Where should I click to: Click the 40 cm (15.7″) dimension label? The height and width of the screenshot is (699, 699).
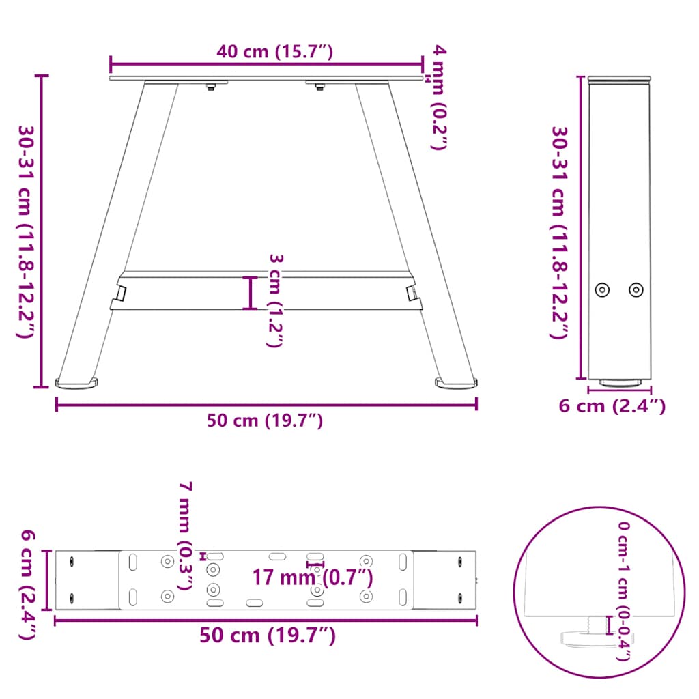(274, 52)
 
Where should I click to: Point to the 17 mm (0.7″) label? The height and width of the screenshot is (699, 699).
(313, 577)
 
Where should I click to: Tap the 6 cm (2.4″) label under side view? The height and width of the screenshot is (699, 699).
(612, 406)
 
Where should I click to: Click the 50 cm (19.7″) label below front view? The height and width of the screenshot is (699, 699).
(265, 421)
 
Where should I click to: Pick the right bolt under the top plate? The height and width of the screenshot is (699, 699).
(319, 87)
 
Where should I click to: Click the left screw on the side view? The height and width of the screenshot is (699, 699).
(602, 289)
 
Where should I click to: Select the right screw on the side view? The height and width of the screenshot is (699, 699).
(636, 289)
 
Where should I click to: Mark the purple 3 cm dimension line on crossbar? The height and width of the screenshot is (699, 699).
(252, 293)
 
